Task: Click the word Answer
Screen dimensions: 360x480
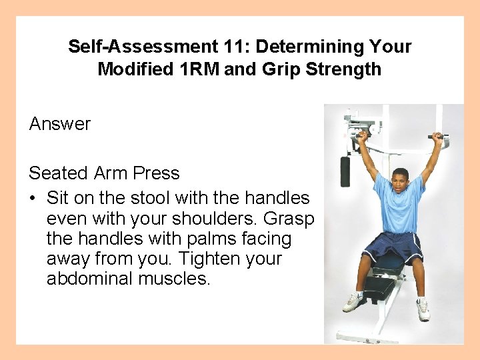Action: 60,124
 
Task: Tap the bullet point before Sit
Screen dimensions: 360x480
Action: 33,199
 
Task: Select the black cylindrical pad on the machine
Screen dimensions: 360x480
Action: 345,171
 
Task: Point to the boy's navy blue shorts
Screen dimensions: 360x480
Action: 393,248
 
